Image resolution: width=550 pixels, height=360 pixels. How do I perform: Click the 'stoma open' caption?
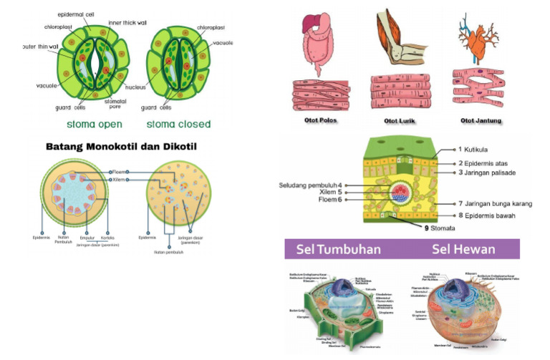point(94,124)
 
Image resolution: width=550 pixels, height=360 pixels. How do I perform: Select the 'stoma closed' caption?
point(179,124)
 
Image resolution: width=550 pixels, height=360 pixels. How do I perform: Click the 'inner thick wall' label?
point(127,22)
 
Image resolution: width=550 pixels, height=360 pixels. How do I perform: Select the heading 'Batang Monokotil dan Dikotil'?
point(121,147)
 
